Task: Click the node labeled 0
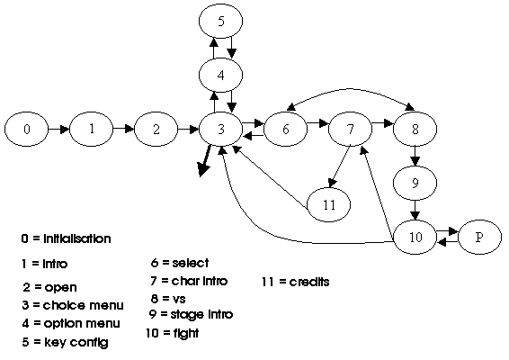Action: pyautogui.click(x=27, y=129)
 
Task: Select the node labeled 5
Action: pyautogui.click(x=220, y=21)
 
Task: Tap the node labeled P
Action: pyautogui.click(x=480, y=238)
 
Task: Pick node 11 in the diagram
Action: pyautogui.click(x=329, y=204)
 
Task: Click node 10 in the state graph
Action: pyautogui.click(x=415, y=238)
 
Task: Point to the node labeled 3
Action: pyautogui.click(x=220, y=129)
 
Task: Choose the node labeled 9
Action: pyautogui.click(x=415, y=183)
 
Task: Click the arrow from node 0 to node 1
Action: pyautogui.click(x=59, y=130)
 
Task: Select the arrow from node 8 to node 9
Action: pyautogui.click(x=415, y=156)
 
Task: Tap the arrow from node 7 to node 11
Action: pyautogui.click(x=340, y=167)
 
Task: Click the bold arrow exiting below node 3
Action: pyautogui.click(x=205, y=161)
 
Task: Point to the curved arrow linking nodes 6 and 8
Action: pyautogui.click(x=350, y=88)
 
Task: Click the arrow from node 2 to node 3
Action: pyautogui.click(x=189, y=130)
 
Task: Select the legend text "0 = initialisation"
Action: pyautogui.click(x=67, y=238)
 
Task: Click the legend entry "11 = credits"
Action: pyautogui.click(x=296, y=282)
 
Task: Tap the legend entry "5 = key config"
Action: pyautogui.click(x=66, y=342)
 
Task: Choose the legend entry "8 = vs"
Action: pyautogui.click(x=168, y=298)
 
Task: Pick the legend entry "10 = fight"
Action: pyautogui.click(x=173, y=333)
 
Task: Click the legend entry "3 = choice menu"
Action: pyautogui.click(x=73, y=305)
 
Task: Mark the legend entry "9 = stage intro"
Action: pyautogui.click(x=192, y=314)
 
